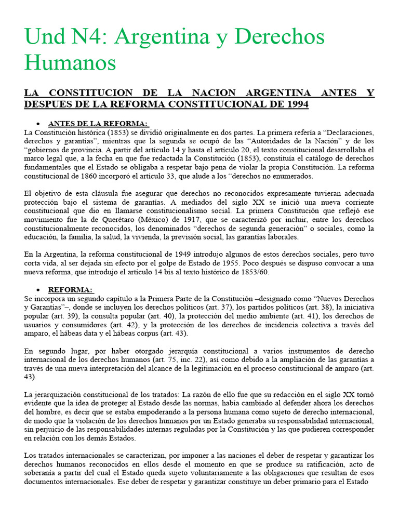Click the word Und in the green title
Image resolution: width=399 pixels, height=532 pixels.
coord(43,37)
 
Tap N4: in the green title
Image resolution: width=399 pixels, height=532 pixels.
coord(88,37)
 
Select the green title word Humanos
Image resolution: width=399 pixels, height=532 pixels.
coord(70,63)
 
